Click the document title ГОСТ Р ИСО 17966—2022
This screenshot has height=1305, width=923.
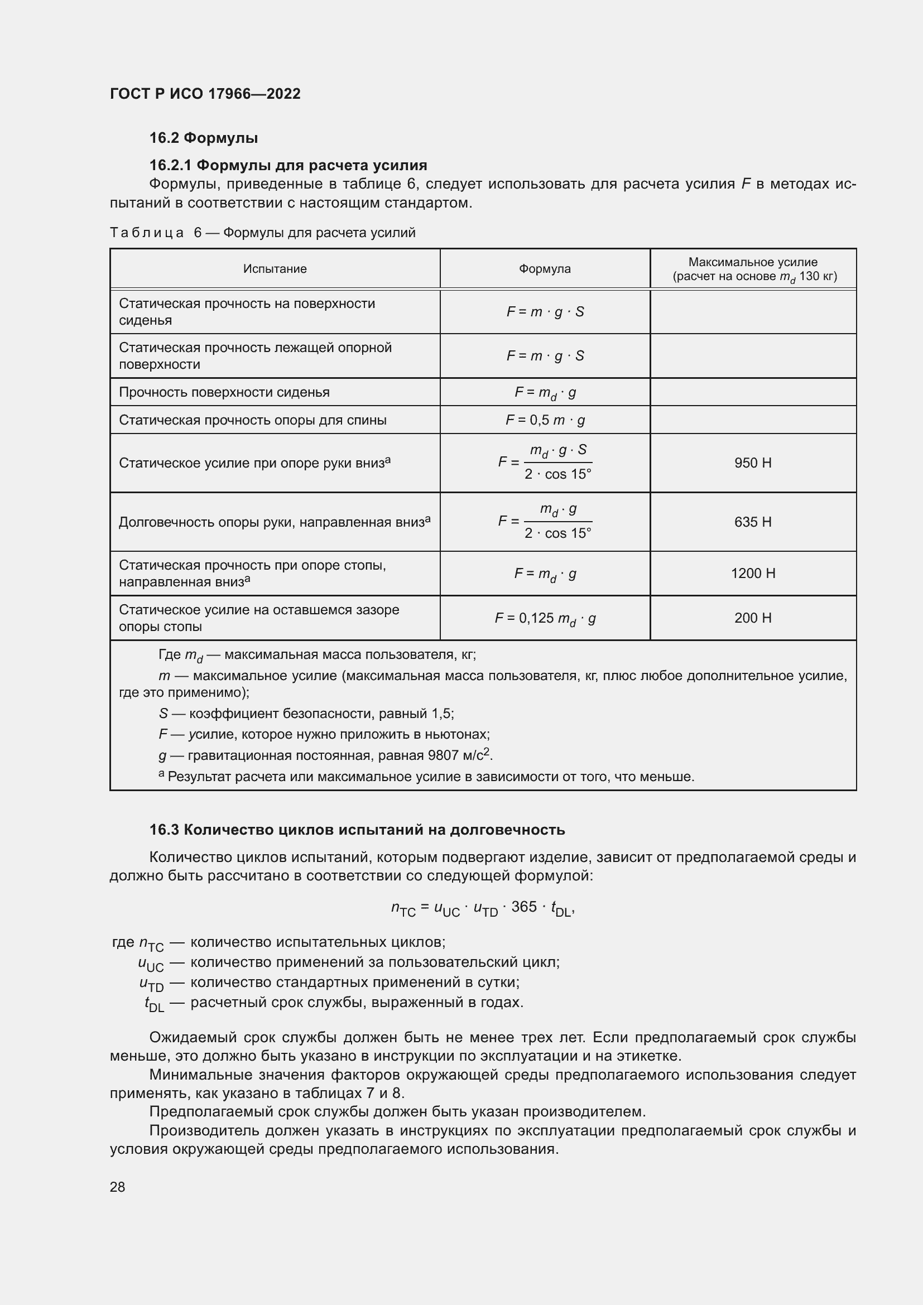(205, 94)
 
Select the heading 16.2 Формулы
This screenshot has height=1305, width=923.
(204, 138)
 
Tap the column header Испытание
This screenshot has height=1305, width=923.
(275, 269)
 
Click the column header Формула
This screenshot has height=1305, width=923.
(545, 269)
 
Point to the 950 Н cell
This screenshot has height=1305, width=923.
(752, 463)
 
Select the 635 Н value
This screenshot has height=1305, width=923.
(752, 522)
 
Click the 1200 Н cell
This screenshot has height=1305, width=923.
(752, 573)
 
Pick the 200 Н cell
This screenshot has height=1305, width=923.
(752, 618)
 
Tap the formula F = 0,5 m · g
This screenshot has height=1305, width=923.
(545, 420)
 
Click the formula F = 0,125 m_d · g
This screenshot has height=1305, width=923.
(545, 618)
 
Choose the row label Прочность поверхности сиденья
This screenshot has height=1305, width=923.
(224, 392)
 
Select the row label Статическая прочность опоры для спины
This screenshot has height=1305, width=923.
(252, 420)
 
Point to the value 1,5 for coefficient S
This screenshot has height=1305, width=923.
(441, 714)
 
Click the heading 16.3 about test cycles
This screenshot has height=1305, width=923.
(357, 830)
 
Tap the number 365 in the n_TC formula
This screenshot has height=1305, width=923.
(523, 907)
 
